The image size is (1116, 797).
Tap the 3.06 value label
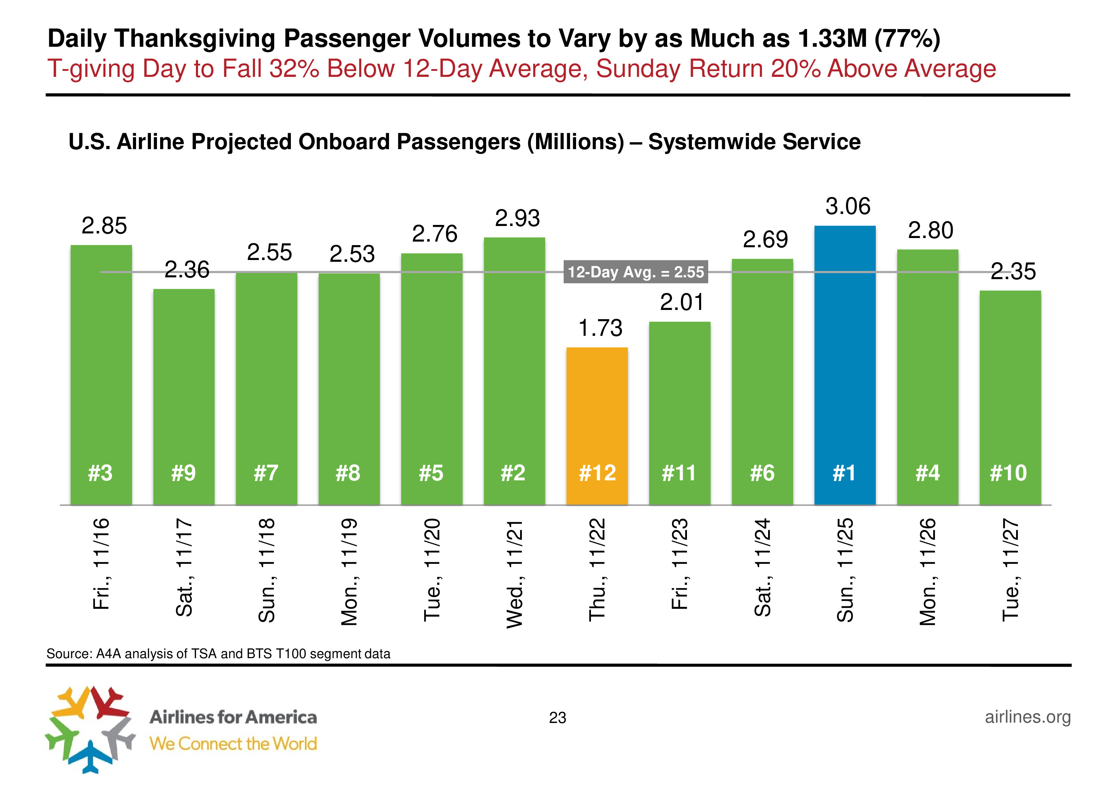click(847, 206)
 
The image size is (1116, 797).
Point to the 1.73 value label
click(600, 328)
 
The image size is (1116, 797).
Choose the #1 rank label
click(844, 473)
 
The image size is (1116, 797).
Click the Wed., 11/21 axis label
click(515, 573)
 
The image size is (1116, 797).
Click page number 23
click(558, 718)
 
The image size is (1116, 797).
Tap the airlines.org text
click(1028, 717)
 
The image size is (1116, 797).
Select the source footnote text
click(218, 654)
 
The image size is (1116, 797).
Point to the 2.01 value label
click(682, 302)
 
